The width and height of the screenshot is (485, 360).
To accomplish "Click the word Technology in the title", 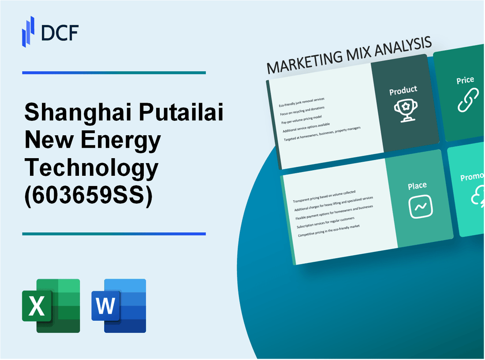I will tap(91, 168).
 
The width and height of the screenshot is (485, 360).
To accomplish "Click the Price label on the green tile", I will tap(465, 80).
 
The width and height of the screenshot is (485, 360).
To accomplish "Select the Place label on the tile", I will tap(417, 186).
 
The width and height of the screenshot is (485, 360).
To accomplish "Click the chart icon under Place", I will tap(421, 206).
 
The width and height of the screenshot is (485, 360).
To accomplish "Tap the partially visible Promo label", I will tap(472, 177).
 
